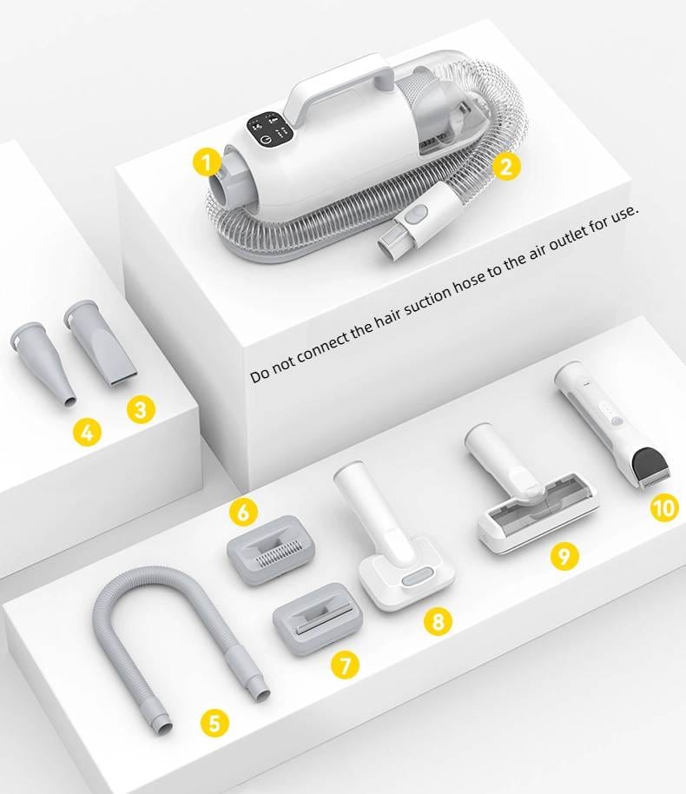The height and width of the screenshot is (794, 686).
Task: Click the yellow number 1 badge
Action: coord(207,162)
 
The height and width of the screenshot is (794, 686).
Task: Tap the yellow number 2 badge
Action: coord(506,165)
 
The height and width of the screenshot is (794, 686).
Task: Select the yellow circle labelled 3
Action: coord(141,408)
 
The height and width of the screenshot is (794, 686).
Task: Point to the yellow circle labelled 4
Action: coord(87,433)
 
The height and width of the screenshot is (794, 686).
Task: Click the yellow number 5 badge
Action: coord(214,723)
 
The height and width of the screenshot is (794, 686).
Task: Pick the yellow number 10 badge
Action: coord(664,507)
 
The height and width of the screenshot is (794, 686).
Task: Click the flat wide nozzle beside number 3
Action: coord(100,344)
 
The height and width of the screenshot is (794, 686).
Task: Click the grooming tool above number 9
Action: coord(531,495)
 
